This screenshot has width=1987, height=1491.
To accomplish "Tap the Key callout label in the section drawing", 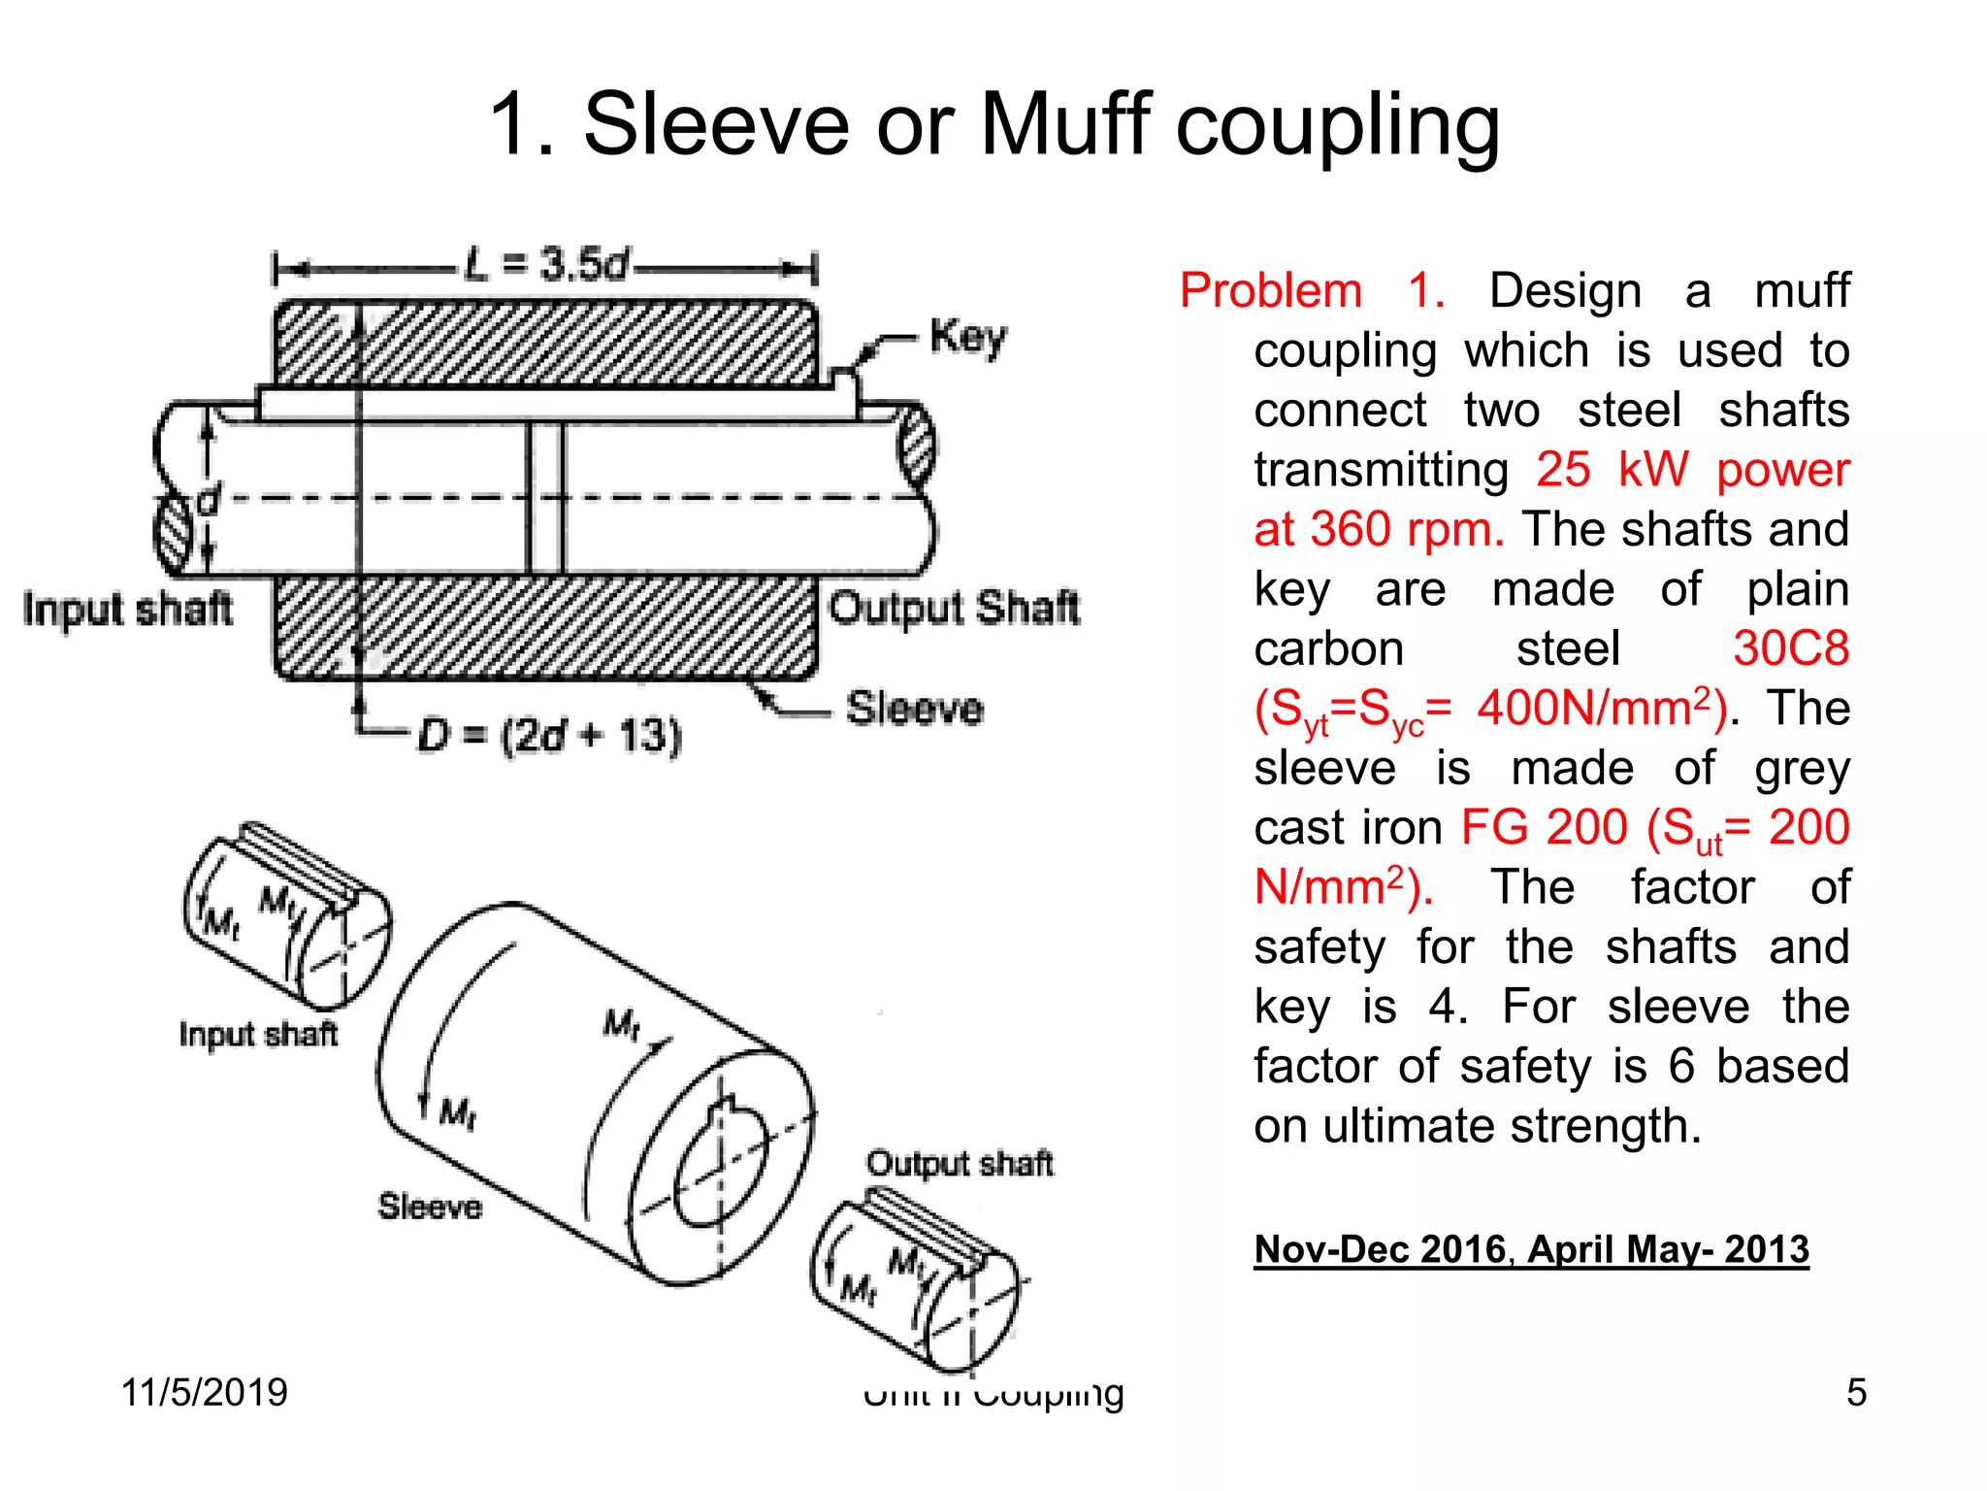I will coord(967,338).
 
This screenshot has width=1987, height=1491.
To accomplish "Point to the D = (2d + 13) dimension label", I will coord(549,735).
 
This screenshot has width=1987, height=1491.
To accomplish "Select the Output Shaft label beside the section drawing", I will coord(954,609).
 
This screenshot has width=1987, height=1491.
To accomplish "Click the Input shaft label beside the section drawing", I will coord(128,610).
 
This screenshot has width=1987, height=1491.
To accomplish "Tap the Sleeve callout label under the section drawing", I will coord(914,708).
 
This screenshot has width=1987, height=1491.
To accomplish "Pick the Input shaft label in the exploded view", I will coord(258,1034).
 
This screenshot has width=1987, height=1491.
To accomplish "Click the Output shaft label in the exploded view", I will coord(959,1163).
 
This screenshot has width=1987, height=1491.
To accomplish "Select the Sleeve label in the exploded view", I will coord(430,1207).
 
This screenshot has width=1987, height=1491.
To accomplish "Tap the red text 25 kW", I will coord(1612,470).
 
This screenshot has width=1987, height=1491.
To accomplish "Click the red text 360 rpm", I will coord(1407,530).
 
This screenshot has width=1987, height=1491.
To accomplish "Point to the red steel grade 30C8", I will coord(1790,648).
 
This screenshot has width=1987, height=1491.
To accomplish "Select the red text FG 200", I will coord(1543,828).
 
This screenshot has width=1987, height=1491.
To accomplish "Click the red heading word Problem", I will coord(1270,290).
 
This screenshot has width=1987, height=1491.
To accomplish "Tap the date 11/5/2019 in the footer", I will coord(205,1392).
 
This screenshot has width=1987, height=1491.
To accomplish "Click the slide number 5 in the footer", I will coord(1856,1392).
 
